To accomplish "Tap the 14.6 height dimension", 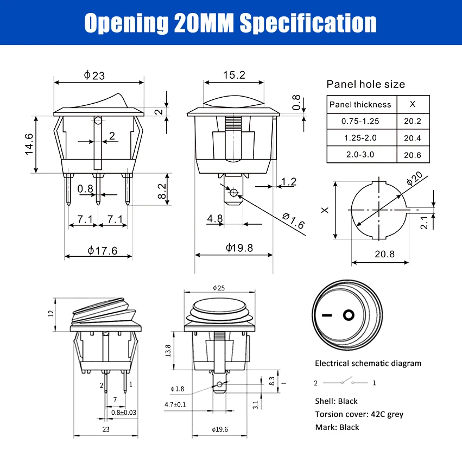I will [29, 144].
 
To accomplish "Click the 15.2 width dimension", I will [234, 75].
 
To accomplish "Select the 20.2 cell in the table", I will [413, 122].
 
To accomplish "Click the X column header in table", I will [413, 104].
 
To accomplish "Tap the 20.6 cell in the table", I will [413, 155].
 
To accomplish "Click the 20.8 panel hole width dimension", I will [384, 254].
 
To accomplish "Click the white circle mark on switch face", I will [349, 315].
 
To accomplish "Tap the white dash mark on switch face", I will [327, 315].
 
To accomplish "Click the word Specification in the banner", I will [308, 23].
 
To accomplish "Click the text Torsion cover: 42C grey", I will [359, 414].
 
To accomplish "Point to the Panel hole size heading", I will [365, 84].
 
